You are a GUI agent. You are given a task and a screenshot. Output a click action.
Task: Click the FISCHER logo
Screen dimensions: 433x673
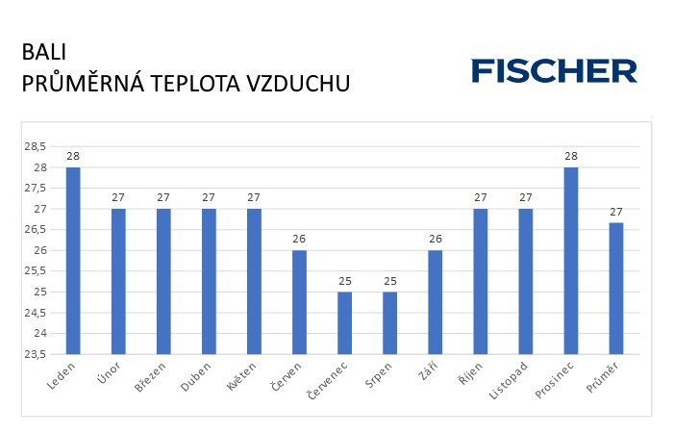554,70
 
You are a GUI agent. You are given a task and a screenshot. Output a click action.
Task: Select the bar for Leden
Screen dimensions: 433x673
73,260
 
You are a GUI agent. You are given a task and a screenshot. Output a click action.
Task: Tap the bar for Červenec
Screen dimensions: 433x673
344,322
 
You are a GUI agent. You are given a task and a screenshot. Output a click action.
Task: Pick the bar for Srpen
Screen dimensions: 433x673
389,322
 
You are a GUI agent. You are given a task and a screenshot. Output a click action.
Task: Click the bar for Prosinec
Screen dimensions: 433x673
570,260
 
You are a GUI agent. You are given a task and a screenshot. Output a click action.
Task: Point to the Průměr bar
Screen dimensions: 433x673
615,289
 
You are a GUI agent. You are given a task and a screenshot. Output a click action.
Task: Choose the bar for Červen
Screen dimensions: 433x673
299,302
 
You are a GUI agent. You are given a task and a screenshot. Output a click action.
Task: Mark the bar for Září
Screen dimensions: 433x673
435,302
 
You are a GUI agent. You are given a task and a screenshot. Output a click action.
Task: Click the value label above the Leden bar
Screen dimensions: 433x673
73,156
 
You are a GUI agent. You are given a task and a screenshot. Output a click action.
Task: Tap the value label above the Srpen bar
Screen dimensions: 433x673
389,281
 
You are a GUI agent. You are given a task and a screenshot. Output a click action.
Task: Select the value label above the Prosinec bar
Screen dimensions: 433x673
570,156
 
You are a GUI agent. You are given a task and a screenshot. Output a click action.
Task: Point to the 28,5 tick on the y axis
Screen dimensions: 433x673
36,146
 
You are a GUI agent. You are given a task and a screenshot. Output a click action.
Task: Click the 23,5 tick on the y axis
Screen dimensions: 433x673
36,354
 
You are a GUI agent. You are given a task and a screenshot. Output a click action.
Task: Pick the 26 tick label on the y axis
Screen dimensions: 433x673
40,250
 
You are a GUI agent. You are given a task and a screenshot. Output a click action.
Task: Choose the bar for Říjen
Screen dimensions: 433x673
480,281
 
